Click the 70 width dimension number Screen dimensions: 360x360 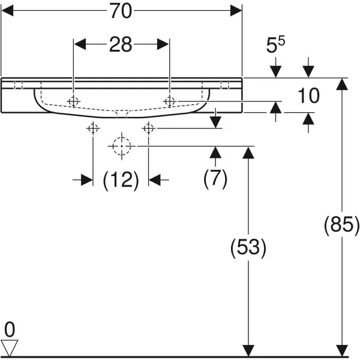tap(121, 11)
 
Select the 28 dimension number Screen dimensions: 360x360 tap(121, 44)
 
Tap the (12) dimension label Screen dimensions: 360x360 tap(121, 180)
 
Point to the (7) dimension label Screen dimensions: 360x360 tap(215, 178)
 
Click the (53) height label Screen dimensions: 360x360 tap(248, 248)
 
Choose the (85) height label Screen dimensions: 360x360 tap(341, 225)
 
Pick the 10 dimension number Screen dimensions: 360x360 tap(308, 95)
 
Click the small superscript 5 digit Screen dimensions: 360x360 tap(281, 41)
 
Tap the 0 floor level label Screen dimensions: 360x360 tap(10, 329)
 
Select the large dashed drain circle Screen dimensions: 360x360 tap(122, 146)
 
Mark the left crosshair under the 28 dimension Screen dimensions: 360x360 tap(73, 101)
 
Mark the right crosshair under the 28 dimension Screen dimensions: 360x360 tap(170, 101)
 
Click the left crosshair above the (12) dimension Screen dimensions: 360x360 tap(93, 128)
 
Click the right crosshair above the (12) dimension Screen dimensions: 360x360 tap(149, 128)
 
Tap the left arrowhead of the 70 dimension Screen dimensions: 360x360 tap(7, 11)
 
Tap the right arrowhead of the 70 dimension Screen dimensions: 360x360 tap(236, 11)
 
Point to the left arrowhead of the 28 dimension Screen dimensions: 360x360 tap(80, 44)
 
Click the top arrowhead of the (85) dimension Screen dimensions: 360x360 tap(342, 84)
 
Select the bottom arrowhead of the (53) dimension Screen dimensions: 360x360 tap(248, 351)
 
